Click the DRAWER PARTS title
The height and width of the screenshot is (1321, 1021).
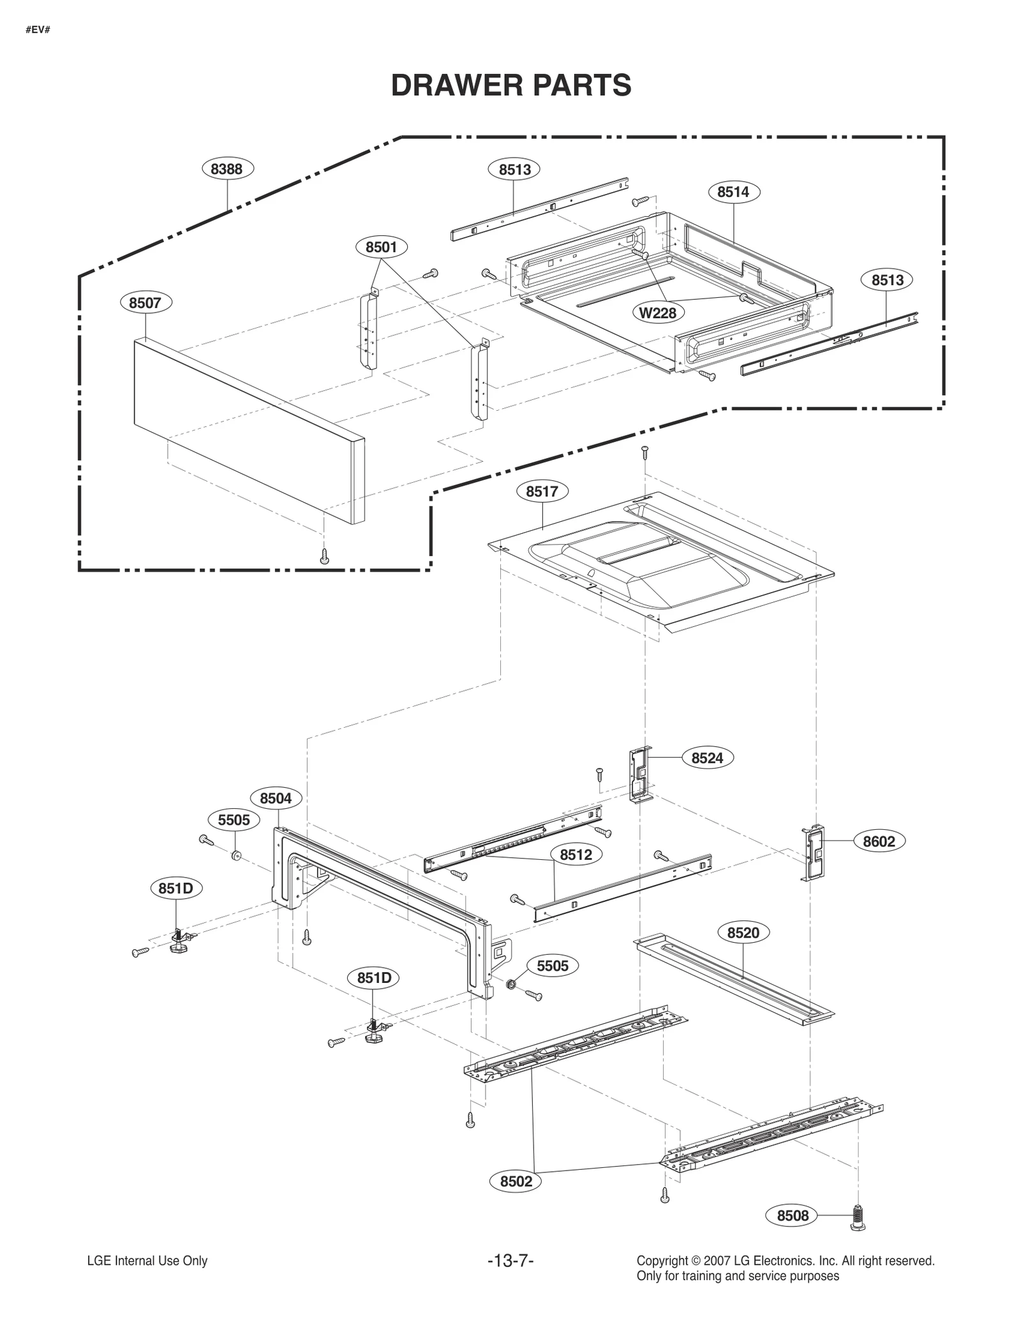coord(511,85)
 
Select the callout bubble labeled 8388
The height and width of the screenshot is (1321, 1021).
coord(228,169)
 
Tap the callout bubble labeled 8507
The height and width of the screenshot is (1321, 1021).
coord(145,303)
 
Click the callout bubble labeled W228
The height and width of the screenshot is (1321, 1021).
coord(658,313)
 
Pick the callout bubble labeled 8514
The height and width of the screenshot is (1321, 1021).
coord(733,192)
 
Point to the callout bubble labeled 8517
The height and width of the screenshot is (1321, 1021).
coord(542,492)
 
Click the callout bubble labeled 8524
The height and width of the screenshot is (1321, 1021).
coord(707,758)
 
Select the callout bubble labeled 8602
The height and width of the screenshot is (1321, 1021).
coord(879,841)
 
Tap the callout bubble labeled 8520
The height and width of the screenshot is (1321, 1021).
coord(743,933)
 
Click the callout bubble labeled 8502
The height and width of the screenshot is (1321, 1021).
coord(516,1181)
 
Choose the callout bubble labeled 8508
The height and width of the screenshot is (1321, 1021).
coord(793,1216)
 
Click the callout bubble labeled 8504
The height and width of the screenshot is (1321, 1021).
coord(276,798)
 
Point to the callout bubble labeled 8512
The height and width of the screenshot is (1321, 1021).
coord(576,855)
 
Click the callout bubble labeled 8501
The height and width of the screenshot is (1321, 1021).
coord(381,247)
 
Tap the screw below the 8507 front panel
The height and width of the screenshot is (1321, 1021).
coord(325,556)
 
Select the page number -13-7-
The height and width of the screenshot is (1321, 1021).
coord(510,1261)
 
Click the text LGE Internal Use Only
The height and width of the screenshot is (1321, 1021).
coord(147,1261)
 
